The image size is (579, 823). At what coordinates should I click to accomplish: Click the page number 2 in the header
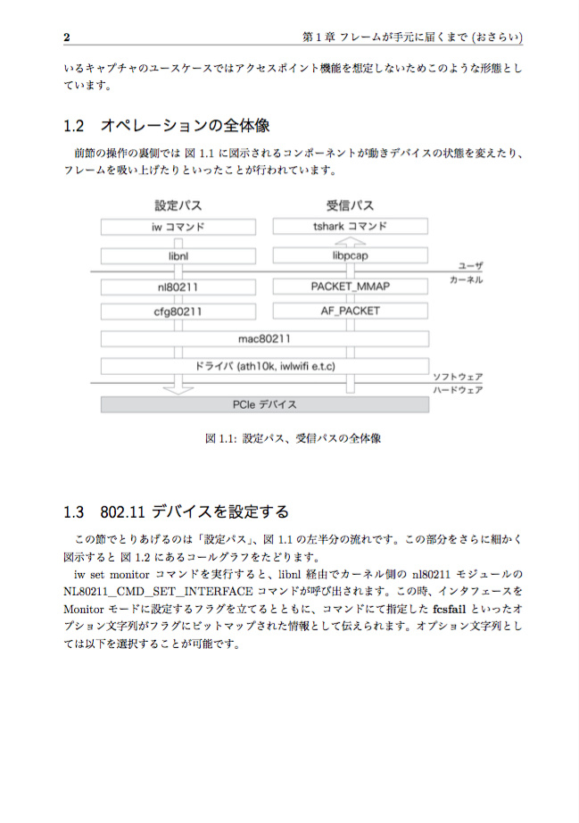point(67,37)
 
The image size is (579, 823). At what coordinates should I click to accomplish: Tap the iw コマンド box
point(178,227)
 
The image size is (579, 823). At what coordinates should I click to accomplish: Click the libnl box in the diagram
point(178,256)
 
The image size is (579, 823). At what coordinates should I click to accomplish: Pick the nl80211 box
point(178,287)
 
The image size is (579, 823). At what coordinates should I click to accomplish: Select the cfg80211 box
point(178,312)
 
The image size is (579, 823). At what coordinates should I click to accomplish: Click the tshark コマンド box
point(350,227)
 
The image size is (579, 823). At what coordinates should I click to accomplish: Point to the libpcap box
point(350,256)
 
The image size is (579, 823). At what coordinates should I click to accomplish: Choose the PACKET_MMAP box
point(350,287)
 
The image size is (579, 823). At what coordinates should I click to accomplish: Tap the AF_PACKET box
point(350,312)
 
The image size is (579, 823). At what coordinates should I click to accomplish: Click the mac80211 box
point(264,339)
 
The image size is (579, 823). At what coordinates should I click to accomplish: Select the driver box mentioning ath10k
point(264,366)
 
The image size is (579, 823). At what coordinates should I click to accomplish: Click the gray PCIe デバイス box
point(264,404)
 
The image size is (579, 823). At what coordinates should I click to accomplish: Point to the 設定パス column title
point(178,205)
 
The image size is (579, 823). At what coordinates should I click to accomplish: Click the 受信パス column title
point(350,205)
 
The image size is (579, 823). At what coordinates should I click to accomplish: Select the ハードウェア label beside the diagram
point(458,390)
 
